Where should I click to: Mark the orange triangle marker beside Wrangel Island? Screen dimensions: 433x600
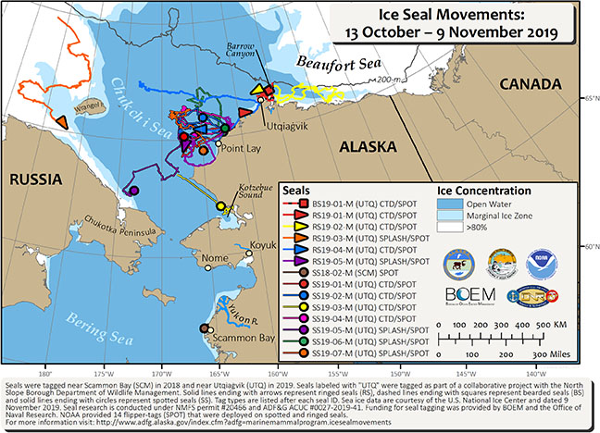(x=61, y=121)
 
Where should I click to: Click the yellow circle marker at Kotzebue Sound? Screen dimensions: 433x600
(x=220, y=206)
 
